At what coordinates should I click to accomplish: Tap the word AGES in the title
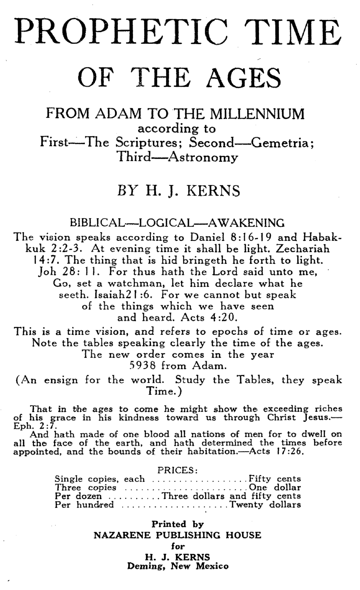pyautogui.click(x=244, y=78)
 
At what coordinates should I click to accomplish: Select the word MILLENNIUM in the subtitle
pyautogui.click(x=257, y=114)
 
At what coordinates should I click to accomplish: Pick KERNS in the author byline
pyautogui.click(x=213, y=191)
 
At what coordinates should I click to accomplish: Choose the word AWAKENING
pyautogui.click(x=246, y=223)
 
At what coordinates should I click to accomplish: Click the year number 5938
pyautogui.click(x=143, y=366)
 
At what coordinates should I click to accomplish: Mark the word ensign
pyautogui.click(x=61, y=380)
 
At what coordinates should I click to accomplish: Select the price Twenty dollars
pyautogui.click(x=265, y=505)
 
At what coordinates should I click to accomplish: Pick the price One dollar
pyautogui.click(x=275, y=487)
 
